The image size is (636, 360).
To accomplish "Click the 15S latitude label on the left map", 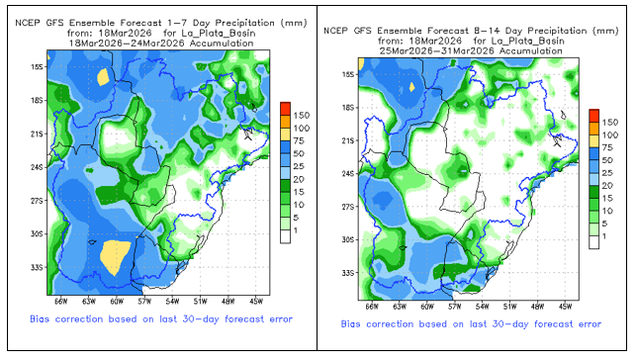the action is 37,67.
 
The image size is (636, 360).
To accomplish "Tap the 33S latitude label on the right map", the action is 348,273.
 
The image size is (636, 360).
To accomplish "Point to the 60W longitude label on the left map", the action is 117,302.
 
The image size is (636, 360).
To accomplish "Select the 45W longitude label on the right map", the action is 565,307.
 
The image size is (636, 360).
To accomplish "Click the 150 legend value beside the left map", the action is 302,116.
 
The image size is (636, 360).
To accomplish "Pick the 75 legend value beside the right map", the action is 607,147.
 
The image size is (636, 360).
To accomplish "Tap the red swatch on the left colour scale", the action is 286,109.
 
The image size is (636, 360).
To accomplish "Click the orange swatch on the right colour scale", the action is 594,129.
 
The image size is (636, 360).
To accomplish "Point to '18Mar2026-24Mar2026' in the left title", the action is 127,44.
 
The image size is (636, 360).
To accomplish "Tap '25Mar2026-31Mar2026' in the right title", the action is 437,51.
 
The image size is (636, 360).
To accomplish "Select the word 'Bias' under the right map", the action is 350,324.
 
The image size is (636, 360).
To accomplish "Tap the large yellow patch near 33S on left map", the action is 115,256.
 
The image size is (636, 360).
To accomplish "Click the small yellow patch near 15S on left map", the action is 103,76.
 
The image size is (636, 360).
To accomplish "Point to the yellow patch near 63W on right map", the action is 412,87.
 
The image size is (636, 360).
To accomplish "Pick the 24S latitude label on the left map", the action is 37,167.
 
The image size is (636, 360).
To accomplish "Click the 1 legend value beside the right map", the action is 604,236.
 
